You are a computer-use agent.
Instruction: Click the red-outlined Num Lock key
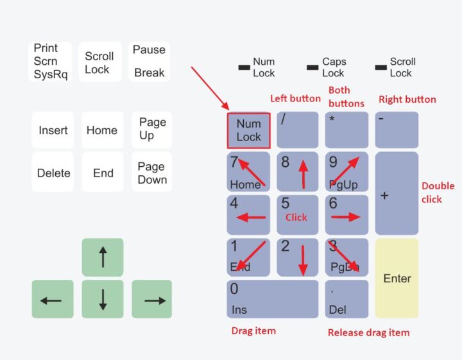pyautogui.click(x=248, y=130)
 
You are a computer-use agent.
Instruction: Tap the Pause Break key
pyautogui.click(x=150, y=61)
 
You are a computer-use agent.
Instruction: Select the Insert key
pyautogui.click(x=53, y=130)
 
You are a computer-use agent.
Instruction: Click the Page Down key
pyautogui.click(x=152, y=173)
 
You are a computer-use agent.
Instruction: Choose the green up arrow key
pyautogui.click(x=103, y=257)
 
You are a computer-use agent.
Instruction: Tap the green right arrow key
pyautogui.click(x=152, y=299)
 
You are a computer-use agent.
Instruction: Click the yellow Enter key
pyautogui.click(x=397, y=278)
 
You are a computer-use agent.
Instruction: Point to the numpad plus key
pyautogui.click(x=397, y=193)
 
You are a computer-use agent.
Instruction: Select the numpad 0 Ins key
pyautogui.click(x=272, y=299)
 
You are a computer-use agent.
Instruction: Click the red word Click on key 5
pyautogui.click(x=296, y=218)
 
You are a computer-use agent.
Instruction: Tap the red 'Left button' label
pyautogui.click(x=295, y=98)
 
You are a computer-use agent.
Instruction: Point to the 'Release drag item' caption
pyautogui.click(x=368, y=332)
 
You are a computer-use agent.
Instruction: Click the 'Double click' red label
pyautogui.click(x=438, y=193)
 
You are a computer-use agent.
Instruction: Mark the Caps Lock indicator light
pyautogui.click(x=312, y=67)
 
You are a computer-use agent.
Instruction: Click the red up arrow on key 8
pyautogui.click(x=303, y=174)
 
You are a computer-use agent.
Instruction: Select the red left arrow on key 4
pyautogui.click(x=251, y=218)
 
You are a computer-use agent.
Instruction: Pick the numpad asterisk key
pyautogui.click(x=346, y=130)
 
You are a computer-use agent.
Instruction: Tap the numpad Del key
pyautogui.click(x=346, y=299)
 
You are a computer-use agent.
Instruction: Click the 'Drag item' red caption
pyautogui.click(x=253, y=330)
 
